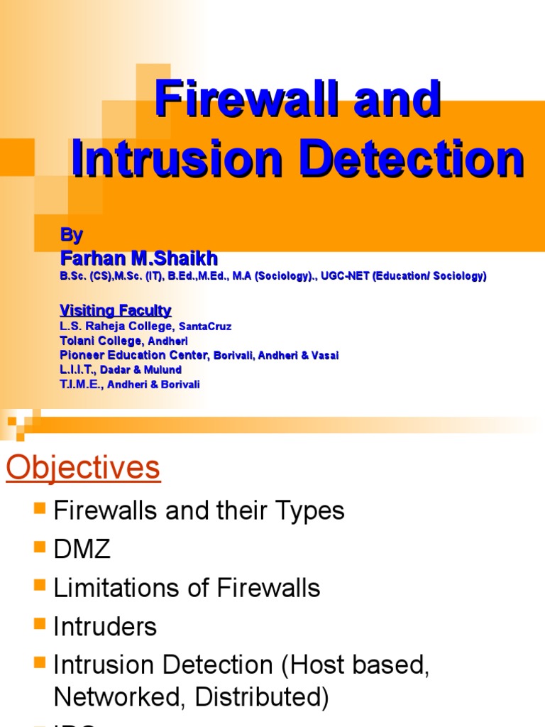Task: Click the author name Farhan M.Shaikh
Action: click(138, 258)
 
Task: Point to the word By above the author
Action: click(71, 235)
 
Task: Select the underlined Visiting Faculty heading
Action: click(115, 310)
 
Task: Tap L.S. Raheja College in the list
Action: click(116, 326)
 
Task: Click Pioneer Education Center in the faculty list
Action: click(134, 355)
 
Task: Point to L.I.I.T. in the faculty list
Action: click(78, 370)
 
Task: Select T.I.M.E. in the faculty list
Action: click(80, 384)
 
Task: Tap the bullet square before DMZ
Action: click(40, 547)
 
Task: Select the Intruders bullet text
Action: click(105, 626)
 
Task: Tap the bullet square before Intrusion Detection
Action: click(40, 664)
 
